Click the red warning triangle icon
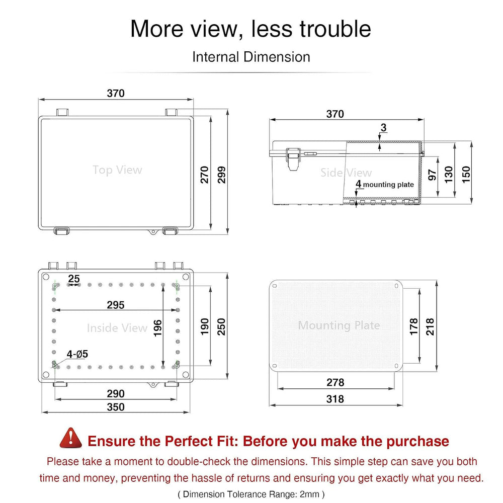pos(70,438)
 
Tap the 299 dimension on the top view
pos(222,175)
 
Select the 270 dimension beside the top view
pos(205,175)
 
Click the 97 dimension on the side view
pos(432,175)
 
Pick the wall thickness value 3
pos(383,128)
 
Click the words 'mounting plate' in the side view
pos(388,185)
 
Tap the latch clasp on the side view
pos(293,159)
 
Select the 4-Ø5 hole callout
pos(77,354)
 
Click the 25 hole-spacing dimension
pos(74,278)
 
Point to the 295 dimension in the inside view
pos(116,305)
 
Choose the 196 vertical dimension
pos(157,328)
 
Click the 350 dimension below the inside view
pos(116,407)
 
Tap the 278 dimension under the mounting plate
pos(335,382)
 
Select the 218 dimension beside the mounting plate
pos(430,327)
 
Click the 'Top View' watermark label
pos(117,170)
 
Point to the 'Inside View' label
pos(117,328)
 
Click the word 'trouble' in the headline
pos(335,29)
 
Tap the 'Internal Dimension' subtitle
pos(251,57)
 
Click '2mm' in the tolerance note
pos(309,494)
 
